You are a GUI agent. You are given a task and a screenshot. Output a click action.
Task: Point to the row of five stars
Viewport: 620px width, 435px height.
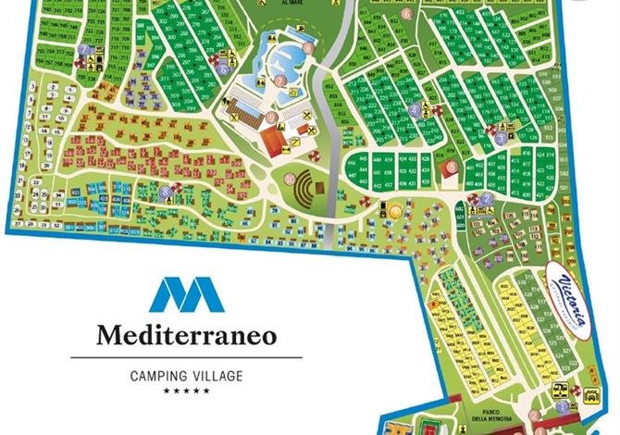pos(186,391)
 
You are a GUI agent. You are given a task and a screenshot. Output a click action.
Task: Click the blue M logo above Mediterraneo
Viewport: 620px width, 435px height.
pos(186,294)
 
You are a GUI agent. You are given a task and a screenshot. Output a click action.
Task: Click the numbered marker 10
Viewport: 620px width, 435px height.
pos(290,179)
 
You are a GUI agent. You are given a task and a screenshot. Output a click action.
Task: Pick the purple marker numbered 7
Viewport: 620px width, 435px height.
pos(84,50)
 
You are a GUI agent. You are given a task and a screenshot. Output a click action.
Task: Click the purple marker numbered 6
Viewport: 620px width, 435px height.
pos(223,68)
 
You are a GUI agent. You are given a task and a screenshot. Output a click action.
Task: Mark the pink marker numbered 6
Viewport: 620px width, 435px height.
pos(383,16)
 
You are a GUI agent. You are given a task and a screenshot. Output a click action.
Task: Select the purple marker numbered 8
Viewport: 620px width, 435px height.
pos(165,193)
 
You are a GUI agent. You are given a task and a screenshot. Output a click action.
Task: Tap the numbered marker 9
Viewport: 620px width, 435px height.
pos(271,118)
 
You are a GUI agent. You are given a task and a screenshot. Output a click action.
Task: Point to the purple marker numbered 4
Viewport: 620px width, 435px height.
pos(414,108)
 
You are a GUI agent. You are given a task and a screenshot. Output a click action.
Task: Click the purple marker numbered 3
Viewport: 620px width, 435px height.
pos(500,139)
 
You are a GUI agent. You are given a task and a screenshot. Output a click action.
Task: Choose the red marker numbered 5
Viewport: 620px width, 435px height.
pos(451,168)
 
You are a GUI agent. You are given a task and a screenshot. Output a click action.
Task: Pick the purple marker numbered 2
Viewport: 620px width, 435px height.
pos(486,198)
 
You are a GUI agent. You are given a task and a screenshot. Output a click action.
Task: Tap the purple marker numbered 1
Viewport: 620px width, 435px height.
pos(562,404)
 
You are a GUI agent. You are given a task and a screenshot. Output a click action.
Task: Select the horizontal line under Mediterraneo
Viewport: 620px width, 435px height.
pos(186,357)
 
